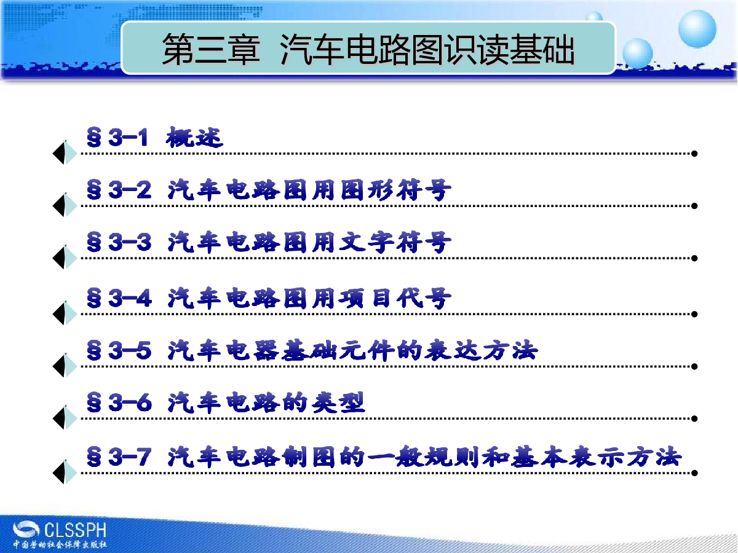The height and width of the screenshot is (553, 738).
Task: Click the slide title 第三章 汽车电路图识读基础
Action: click(368, 49)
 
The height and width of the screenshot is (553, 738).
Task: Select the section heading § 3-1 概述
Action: click(154, 137)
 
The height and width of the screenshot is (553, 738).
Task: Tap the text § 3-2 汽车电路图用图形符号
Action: click(269, 190)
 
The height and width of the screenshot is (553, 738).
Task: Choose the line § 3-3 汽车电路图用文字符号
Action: click(269, 242)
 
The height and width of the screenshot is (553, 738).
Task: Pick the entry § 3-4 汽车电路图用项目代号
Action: click(269, 298)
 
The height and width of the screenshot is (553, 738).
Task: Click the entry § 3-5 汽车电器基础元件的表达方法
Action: click(312, 350)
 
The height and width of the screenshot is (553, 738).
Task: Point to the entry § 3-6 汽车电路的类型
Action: click(226, 402)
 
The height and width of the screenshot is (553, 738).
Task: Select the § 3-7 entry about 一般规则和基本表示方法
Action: click(384, 457)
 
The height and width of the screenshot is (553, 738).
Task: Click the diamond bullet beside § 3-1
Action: click(65, 153)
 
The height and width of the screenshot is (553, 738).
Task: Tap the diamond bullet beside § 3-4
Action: click(65, 313)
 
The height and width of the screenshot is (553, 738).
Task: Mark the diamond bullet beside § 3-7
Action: click(65, 472)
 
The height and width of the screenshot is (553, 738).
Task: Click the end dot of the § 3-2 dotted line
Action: click(694, 206)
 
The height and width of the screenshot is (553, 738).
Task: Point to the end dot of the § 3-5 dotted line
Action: click(694, 366)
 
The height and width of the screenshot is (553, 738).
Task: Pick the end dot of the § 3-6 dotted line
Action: click(694, 418)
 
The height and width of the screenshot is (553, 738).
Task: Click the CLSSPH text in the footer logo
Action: click(75, 530)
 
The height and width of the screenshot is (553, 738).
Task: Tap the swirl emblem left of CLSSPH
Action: click(26, 530)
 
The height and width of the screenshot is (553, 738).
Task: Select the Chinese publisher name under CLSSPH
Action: click(60, 544)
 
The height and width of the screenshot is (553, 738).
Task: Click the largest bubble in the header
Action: click(697, 29)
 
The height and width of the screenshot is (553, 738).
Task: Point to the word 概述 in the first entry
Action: click(194, 137)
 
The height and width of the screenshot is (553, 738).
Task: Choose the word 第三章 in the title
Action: click(211, 49)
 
